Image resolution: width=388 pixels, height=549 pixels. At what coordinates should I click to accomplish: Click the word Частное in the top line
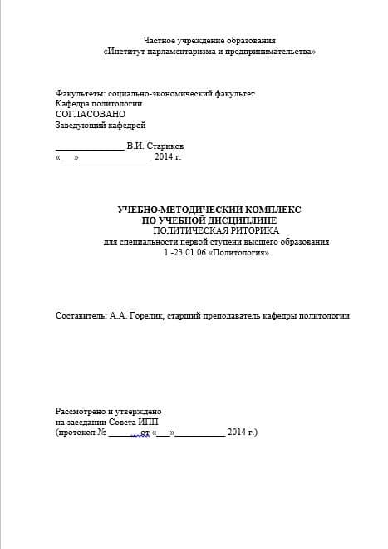click(159, 40)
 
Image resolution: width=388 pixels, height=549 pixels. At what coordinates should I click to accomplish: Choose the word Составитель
click(81, 315)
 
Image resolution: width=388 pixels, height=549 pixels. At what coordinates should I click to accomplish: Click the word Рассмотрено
click(83, 412)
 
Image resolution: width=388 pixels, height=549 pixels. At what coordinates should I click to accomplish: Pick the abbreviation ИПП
click(155, 422)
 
